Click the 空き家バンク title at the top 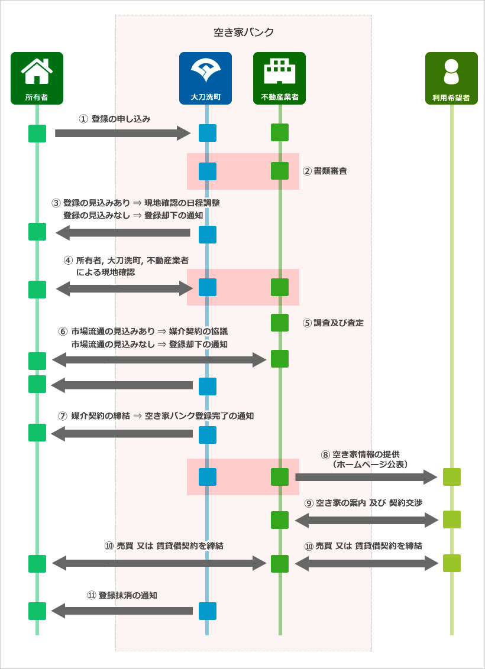pyautogui.click(x=243, y=32)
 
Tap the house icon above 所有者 pyautogui.click(x=37, y=72)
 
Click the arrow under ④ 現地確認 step pyautogui.click(x=125, y=289)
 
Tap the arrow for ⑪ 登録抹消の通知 pyautogui.click(x=122, y=610)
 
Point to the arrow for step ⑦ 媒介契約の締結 pyautogui.click(x=122, y=433)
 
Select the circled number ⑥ pyautogui.click(x=63, y=332)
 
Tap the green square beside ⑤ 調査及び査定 pyautogui.click(x=280, y=323)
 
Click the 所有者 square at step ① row pyautogui.click(x=37, y=134)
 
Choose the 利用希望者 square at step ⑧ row pyautogui.click(x=451, y=476)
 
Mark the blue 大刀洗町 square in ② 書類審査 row pyautogui.click(x=207, y=171)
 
